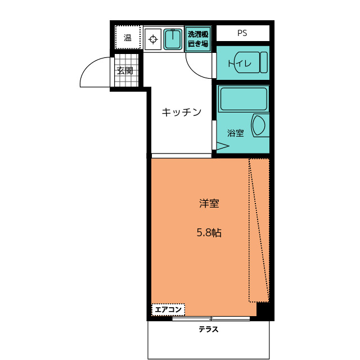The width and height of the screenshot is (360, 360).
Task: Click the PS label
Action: (242, 33)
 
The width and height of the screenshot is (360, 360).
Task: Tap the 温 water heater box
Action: (128, 37)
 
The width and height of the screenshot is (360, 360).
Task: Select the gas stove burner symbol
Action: (153, 39)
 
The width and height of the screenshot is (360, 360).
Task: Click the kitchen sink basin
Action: (173, 39)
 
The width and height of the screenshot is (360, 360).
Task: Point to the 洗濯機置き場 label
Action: (198, 39)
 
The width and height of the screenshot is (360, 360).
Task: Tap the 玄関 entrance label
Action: (125, 70)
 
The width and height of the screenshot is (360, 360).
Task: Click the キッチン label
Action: (181, 112)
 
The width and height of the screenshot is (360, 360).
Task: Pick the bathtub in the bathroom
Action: (244, 99)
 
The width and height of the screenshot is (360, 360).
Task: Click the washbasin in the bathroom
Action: (260, 125)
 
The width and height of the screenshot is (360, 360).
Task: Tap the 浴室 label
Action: (236, 133)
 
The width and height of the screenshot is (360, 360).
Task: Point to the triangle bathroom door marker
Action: (223, 146)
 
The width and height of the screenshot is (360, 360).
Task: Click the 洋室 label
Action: (209, 204)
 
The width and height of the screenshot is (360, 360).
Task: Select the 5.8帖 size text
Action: (209, 232)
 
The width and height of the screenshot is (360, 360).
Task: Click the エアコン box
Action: (168, 310)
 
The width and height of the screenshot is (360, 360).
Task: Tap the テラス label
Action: (209, 330)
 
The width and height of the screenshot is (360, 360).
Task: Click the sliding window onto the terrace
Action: (211, 319)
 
